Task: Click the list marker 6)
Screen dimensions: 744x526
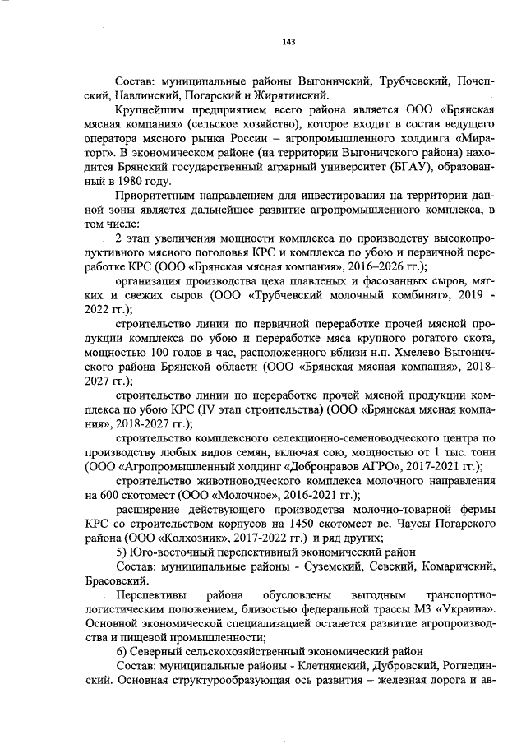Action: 122,651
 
